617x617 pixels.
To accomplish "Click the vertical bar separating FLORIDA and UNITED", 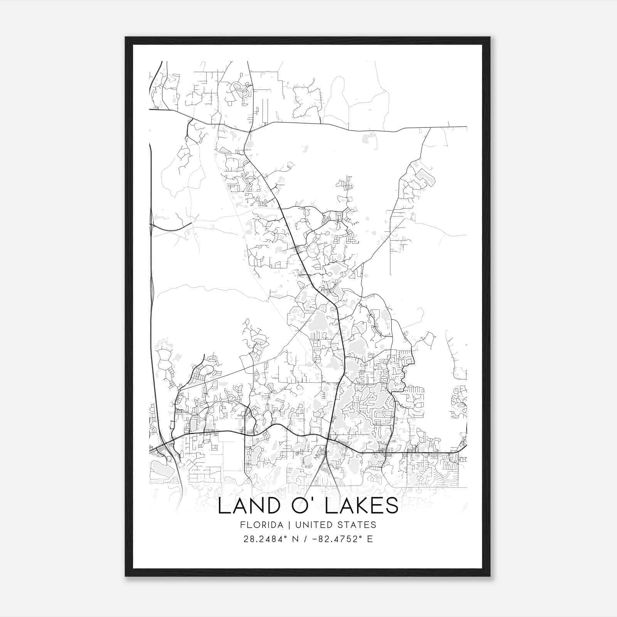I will pos(283,525).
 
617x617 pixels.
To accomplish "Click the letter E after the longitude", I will pos(370,539).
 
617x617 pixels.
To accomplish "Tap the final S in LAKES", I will pos(392,506).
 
